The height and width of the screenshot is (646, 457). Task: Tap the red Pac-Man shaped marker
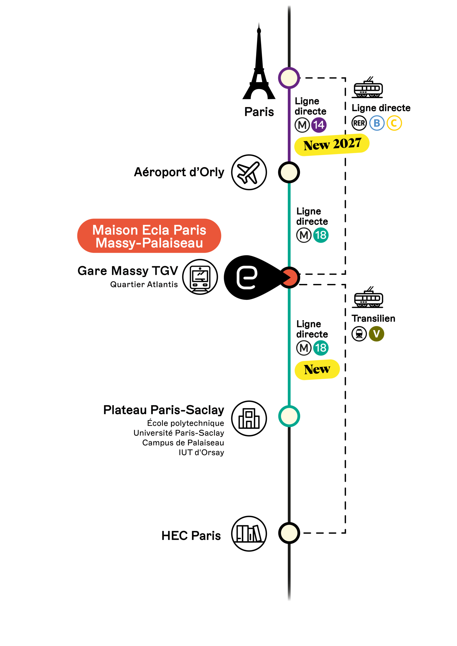(290, 278)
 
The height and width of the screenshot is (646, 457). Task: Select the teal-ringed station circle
(289, 416)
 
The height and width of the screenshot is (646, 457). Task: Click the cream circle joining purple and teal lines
(289, 172)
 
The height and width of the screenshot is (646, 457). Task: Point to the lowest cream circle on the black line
(289, 533)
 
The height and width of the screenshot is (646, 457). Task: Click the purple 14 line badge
(319, 125)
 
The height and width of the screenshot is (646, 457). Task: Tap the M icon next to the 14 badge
(302, 125)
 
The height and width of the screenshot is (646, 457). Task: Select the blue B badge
(377, 123)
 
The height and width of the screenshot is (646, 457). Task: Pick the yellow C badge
(394, 123)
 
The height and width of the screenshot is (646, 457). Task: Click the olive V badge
(376, 334)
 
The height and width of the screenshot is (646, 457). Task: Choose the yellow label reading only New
(317, 369)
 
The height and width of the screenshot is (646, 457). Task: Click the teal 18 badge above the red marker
(321, 235)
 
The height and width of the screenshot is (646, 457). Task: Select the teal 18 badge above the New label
(321, 348)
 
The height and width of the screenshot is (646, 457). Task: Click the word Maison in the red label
(115, 230)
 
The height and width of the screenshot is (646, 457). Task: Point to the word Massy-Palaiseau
(149, 243)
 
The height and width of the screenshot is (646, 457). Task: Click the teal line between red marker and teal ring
(289, 346)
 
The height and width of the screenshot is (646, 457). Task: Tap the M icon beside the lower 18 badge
(304, 348)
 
